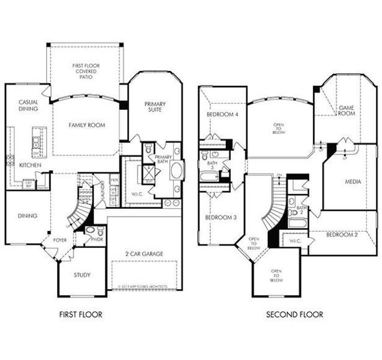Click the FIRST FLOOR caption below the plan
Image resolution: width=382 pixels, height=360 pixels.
tap(80, 314)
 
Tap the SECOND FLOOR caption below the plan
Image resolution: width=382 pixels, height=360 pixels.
tap(294, 314)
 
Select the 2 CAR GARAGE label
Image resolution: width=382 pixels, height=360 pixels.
tap(144, 254)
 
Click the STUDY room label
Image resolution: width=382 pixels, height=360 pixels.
tap(82, 275)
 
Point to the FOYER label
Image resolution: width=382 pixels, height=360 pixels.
tap(60, 240)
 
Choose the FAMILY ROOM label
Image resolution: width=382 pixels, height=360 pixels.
tap(87, 125)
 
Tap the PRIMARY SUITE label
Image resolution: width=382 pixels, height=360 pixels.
tap(154, 107)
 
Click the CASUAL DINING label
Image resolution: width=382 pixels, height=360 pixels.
tap(28, 106)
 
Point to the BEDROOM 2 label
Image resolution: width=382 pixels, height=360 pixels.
tap(342, 235)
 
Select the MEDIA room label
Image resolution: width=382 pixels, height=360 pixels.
tap(353, 181)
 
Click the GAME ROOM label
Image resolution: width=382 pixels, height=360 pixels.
tap(347, 111)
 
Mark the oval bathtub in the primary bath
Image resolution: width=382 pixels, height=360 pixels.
tap(176, 170)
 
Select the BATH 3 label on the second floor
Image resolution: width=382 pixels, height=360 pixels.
tap(212, 166)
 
